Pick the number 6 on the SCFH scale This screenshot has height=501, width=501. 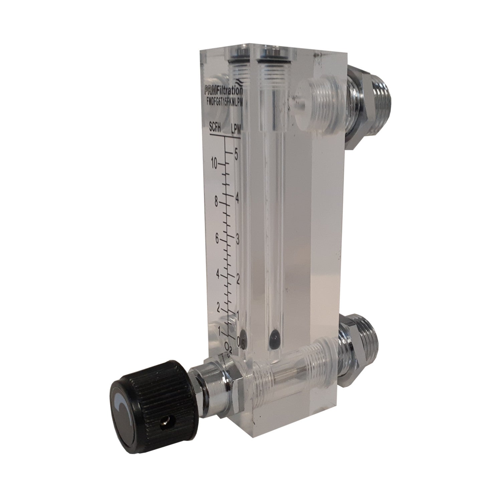click(217, 239)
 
